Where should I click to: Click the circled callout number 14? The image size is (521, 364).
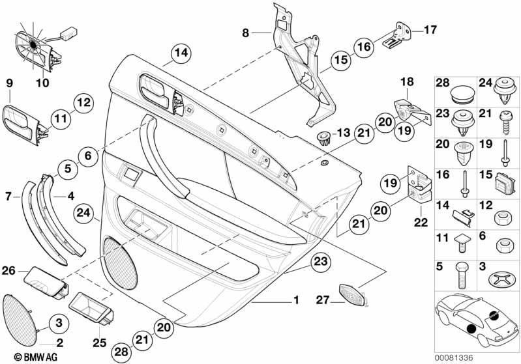(x=181, y=53)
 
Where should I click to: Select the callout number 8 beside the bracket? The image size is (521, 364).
(x=246, y=33)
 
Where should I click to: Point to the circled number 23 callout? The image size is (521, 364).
(x=321, y=262)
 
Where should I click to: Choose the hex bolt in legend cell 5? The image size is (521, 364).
(x=462, y=275)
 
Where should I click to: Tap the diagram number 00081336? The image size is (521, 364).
(x=454, y=358)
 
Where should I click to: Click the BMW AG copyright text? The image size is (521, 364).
(x=36, y=357)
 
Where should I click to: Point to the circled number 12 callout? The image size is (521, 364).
(x=83, y=102)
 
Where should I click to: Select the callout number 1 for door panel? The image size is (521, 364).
(x=296, y=300)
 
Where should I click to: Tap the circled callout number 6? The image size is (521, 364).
(x=88, y=155)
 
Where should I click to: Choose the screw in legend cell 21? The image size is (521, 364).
(x=506, y=122)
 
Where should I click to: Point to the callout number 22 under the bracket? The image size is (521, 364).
(x=421, y=222)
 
